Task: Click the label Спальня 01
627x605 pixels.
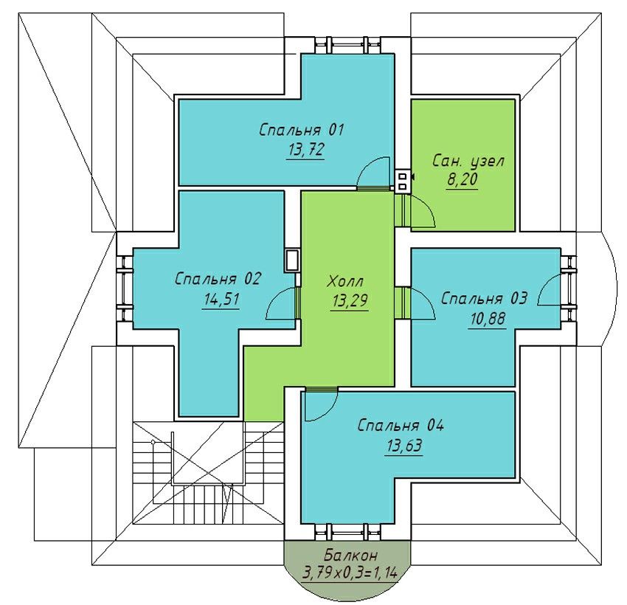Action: click(302, 130)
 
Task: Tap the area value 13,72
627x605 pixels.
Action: click(305, 150)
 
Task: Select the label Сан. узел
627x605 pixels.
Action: click(468, 161)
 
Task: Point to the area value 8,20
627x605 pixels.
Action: click(463, 179)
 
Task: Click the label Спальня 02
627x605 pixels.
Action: click(218, 279)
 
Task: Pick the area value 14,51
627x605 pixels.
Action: click(221, 299)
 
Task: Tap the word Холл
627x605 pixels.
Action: click(345, 282)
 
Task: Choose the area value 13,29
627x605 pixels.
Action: click(350, 301)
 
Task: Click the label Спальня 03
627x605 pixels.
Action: click(484, 298)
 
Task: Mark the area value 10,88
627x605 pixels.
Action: click(488, 319)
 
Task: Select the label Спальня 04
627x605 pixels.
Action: click(401, 426)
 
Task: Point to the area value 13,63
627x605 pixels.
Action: click(404, 446)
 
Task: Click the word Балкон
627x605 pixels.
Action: click(350, 556)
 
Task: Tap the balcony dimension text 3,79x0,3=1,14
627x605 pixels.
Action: click(350, 574)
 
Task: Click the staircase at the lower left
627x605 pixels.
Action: click(208, 472)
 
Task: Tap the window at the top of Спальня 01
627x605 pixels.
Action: click(347, 45)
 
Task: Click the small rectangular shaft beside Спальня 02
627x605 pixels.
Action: click(292, 260)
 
